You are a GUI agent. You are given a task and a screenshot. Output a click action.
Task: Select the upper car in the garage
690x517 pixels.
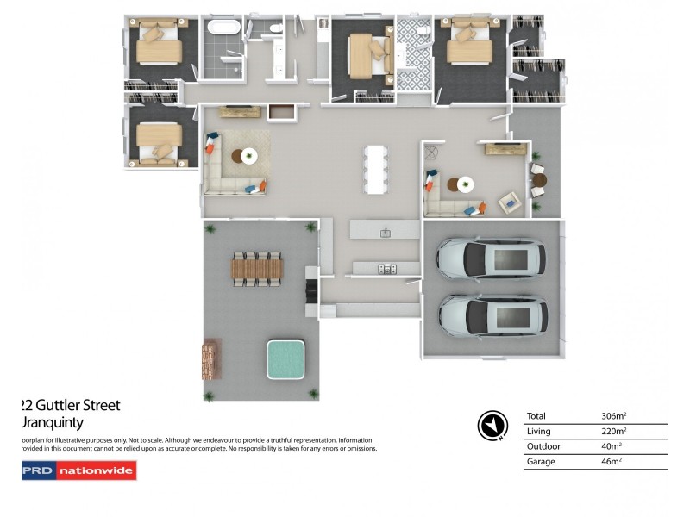(491, 257)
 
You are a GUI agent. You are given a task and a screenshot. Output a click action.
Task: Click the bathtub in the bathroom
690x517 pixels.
(224, 28)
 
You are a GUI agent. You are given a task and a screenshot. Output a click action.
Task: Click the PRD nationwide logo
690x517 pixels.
(78, 470)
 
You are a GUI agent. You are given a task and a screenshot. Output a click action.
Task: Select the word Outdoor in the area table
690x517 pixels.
(543, 446)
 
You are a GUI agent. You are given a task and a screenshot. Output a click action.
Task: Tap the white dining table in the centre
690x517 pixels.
(375, 168)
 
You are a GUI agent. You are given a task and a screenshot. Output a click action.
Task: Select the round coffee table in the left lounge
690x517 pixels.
(248, 156)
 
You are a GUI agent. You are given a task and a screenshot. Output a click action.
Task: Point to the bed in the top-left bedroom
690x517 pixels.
(160, 43)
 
